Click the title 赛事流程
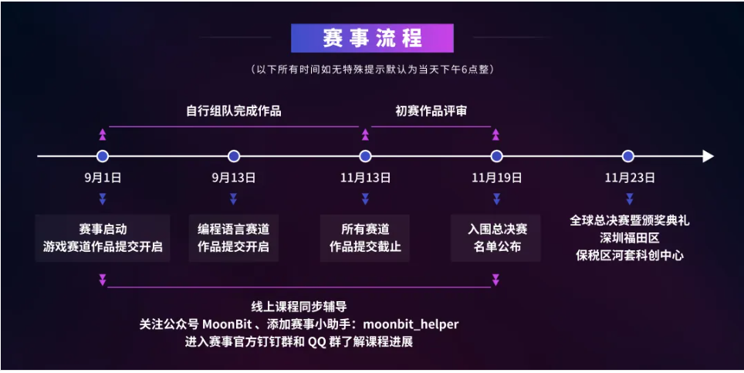[x=371, y=38]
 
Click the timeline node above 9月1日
[x=103, y=156]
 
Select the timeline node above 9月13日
[x=234, y=156]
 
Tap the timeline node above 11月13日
[x=365, y=156]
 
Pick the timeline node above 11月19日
[x=496, y=156]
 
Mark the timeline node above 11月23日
[x=627, y=156]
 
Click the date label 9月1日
[x=103, y=178]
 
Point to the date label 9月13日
[x=234, y=178]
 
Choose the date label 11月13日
[x=365, y=178]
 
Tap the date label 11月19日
[x=496, y=178]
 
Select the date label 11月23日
[x=629, y=178]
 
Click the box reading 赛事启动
[x=103, y=239]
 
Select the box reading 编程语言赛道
[x=234, y=239]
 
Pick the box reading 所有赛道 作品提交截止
[x=365, y=239]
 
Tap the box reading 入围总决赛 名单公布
[x=496, y=239]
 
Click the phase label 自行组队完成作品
[x=234, y=111]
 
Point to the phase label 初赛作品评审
[x=431, y=111]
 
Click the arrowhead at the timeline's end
[x=708, y=156]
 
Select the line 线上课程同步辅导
[x=299, y=307]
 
